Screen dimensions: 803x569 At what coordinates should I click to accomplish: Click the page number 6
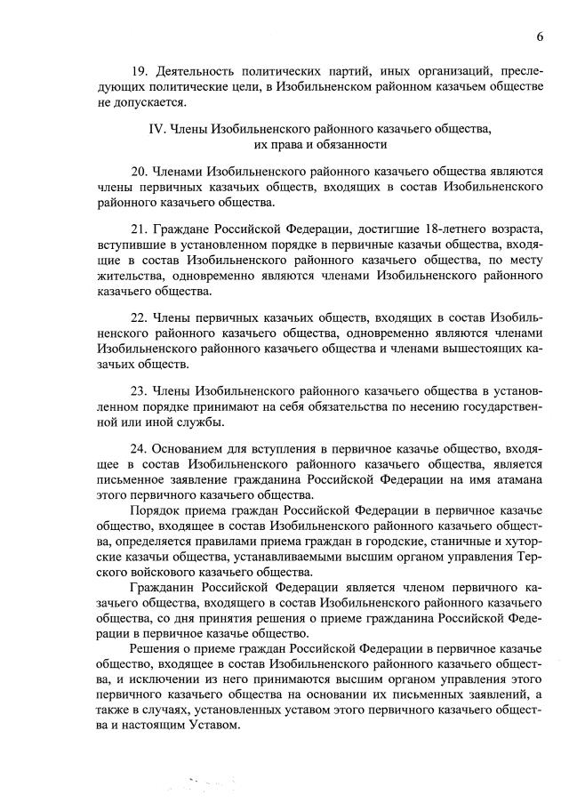point(539,36)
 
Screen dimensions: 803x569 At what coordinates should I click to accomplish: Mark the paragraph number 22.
point(138,317)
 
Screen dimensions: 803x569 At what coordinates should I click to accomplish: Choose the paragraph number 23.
point(138,391)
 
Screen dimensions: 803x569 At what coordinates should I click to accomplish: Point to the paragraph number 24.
point(138,449)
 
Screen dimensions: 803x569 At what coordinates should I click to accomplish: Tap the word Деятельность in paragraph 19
point(198,69)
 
